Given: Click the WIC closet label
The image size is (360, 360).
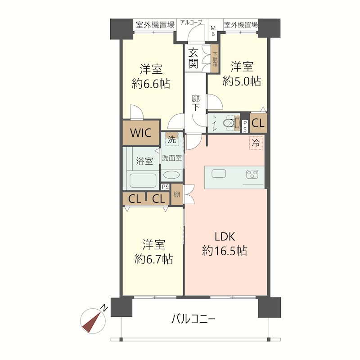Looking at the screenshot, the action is (x=140, y=133).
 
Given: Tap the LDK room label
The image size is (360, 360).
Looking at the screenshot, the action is (x=225, y=237).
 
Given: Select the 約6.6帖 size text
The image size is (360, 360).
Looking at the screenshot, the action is (x=151, y=84).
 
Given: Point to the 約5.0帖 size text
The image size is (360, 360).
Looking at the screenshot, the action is (x=242, y=81).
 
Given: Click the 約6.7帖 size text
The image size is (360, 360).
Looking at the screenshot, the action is (x=153, y=260).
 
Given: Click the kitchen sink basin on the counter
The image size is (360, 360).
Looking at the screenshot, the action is (x=219, y=173).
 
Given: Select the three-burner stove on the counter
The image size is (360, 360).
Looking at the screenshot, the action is (x=252, y=175).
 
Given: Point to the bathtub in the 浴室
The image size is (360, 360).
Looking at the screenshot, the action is (x=143, y=180).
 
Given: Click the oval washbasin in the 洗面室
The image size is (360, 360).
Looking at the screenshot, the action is (x=172, y=175).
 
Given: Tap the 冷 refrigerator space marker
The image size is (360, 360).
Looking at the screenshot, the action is (x=256, y=143).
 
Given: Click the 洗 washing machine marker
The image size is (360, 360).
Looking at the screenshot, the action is (x=172, y=139).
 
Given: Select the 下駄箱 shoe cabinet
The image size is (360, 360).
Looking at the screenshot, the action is (x=215, y=58).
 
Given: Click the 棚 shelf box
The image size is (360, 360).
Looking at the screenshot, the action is (x=177, y=194).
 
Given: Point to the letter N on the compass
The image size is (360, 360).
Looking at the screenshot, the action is (x=105, y=308).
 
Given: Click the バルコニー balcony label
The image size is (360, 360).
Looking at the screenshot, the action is (x=193, y=319).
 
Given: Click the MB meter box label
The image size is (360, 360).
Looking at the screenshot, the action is (x=213, y=31).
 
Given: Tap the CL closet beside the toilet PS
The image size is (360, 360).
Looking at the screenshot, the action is (x=258, y=123).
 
